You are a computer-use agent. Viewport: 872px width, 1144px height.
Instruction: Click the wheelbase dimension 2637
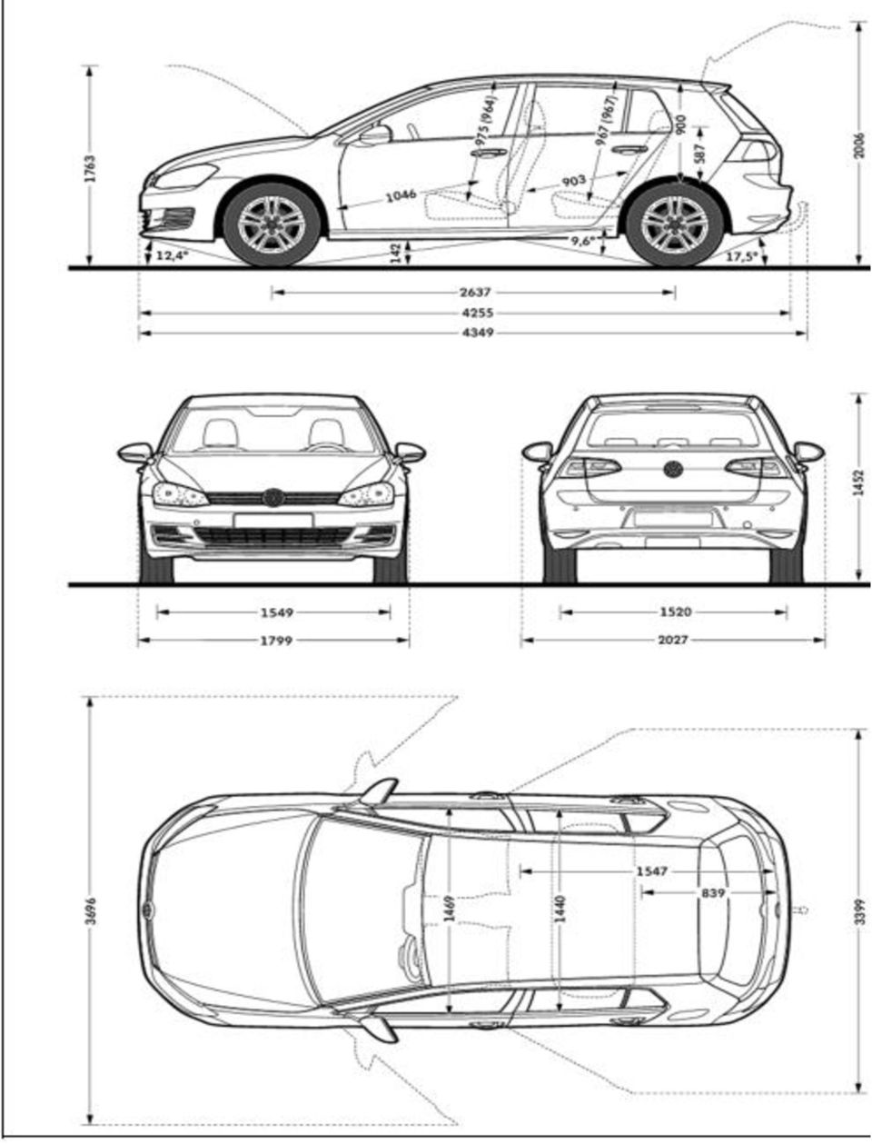point(474,292)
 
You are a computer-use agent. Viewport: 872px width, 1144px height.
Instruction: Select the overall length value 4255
point(478,313)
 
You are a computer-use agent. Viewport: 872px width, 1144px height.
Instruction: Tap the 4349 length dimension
point(478,332)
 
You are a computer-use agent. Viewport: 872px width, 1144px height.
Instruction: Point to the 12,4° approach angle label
point(172,255)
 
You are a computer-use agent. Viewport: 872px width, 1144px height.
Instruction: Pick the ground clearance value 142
point(395,253)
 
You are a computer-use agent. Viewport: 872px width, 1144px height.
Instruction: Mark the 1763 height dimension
point(90,168)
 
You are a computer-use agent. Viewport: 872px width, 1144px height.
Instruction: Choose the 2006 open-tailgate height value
point(860,148)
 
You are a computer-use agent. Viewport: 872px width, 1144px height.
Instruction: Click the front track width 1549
point(277,612)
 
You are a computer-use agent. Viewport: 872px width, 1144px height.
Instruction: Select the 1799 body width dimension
point(277,640)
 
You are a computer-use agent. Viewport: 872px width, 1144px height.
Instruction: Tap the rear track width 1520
point(675,612)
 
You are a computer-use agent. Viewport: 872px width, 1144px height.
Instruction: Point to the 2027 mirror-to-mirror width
point(673,640)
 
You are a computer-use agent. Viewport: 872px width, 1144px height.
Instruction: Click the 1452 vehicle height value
point(860,482)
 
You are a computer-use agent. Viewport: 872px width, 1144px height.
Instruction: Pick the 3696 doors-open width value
point(91,910)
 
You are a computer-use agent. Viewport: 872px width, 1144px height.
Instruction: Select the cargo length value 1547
point(651,870)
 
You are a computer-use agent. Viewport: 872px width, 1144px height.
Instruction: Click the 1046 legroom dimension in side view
point(401,196)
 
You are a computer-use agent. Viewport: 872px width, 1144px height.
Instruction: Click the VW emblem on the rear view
point(673,469)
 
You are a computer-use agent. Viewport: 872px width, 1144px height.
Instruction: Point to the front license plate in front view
point(273,520)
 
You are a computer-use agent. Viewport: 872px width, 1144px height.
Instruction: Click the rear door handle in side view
point(629,150)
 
